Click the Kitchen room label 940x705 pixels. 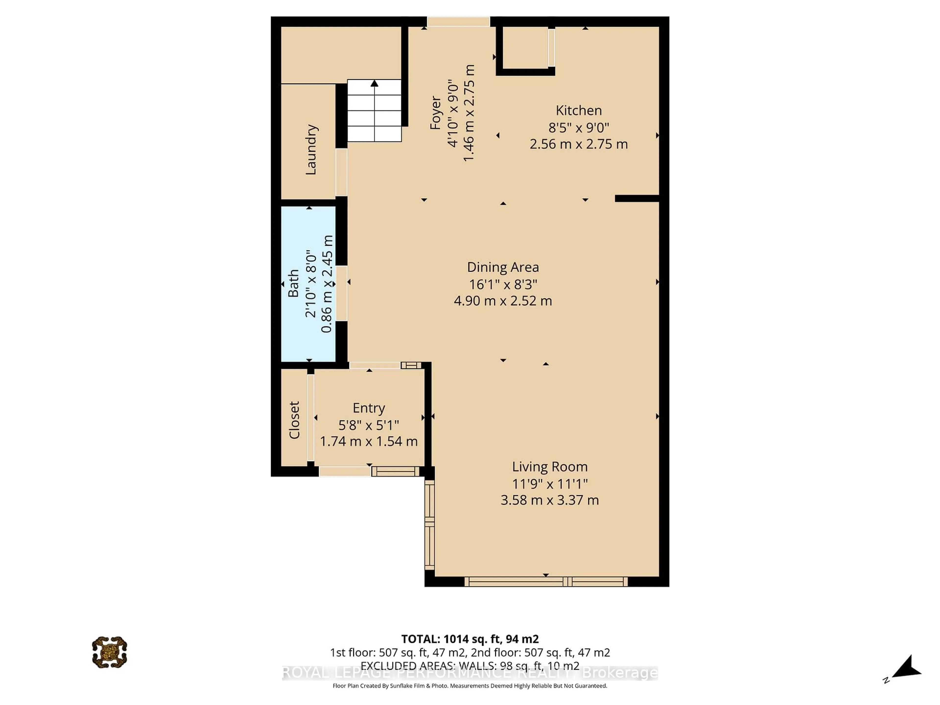point(578,110)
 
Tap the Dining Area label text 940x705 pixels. point(503,267)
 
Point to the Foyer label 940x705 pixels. point(435,113)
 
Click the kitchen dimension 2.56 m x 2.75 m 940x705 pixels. point(578,144)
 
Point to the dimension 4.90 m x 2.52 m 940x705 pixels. point(503,301)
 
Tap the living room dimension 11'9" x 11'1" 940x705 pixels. point(550,484)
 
